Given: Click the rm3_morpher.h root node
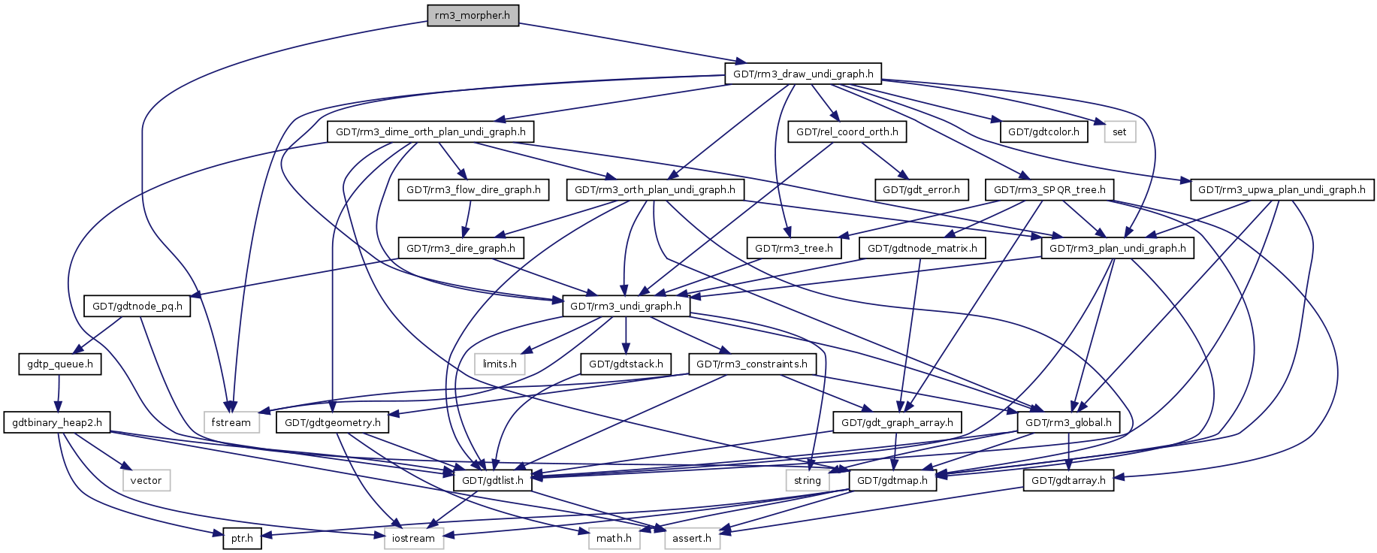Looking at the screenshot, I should coord(473,16).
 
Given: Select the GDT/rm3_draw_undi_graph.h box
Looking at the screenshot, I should coord(803,74).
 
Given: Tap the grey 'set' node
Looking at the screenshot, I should coord(1119,132).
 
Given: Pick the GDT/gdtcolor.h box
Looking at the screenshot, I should coord(1043,132).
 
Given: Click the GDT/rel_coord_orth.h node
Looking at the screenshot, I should coord(847,132).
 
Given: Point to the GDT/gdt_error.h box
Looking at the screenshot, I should coord(921,190).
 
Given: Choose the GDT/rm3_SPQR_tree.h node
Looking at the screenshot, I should coord(1049,190).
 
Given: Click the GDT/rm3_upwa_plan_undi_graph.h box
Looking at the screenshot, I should coord(1282,190).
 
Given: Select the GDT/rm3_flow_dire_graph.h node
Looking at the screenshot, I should coord(473,190).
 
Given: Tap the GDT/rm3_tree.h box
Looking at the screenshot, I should coord(794,249).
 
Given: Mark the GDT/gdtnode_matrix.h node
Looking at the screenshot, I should coord(923,249).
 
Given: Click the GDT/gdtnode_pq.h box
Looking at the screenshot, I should coord(137,307).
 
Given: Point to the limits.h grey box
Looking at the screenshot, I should coord(500,364).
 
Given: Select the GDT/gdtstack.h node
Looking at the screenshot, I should coord(626,364).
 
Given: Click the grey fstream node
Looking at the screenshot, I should coord(231,423).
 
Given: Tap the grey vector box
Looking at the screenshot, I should coord(146,481).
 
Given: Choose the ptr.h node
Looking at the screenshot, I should coord(242,539).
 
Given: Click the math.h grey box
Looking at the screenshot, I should coord(614,539).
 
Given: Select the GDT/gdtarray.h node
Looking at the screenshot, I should coord(1068,481).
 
